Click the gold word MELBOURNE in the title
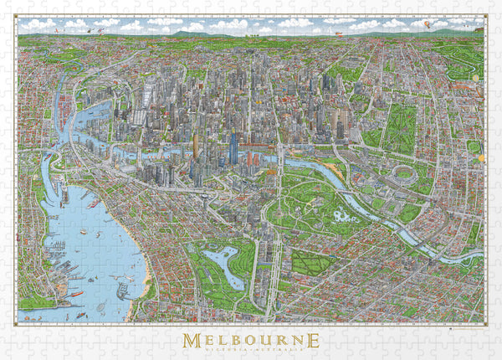tap(252, 339)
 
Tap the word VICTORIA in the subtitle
tap(229, 352)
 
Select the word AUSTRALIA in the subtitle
tap(275, 352)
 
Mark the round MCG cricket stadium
tap(403, 177)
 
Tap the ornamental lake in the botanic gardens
tap(341, 217)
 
